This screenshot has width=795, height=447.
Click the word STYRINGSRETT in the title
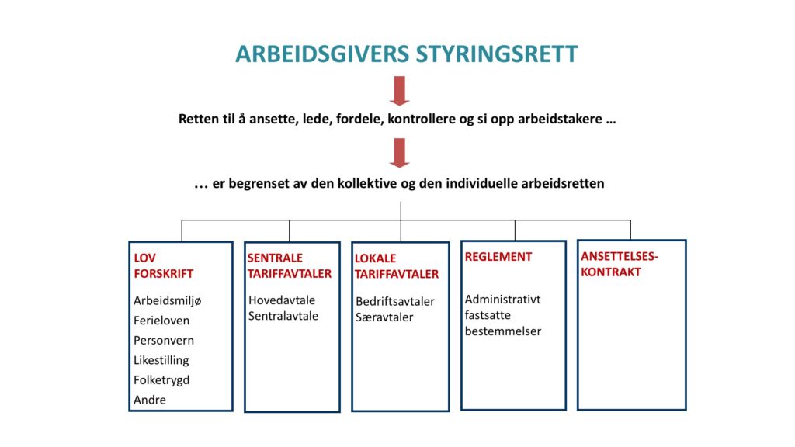[497, 54]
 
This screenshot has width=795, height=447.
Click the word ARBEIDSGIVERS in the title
[322, 54]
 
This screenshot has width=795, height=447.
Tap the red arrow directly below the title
[400, 91]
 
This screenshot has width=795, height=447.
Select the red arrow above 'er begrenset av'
[400, 153]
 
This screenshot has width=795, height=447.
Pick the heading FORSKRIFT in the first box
[164, 274]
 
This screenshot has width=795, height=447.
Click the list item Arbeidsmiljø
[168, 300]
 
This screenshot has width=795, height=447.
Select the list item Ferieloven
[161, 321]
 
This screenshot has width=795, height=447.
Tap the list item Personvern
[164, 340]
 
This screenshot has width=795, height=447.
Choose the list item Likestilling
[161, 360]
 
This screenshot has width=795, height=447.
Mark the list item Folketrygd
[161, 380]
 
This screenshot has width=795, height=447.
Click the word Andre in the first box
[150, 400]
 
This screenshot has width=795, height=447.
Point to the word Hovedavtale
[282, 300]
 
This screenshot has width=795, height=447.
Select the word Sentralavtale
[283, 316]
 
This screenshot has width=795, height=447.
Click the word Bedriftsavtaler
[395, 302]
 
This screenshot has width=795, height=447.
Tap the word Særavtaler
[384, 317]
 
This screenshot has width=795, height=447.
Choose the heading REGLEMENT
[498, 257]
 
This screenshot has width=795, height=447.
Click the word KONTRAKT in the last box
[611, 272]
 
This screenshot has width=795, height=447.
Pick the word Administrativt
[502, 300]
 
